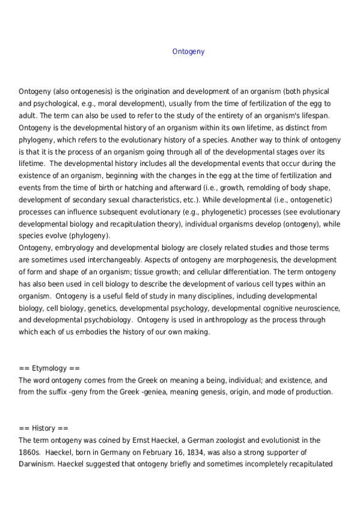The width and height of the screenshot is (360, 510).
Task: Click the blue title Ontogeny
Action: [x=188, y=52]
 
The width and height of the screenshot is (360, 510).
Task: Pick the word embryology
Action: [x=78, y=248]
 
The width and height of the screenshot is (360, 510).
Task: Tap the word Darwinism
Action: [x=40, y=464]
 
